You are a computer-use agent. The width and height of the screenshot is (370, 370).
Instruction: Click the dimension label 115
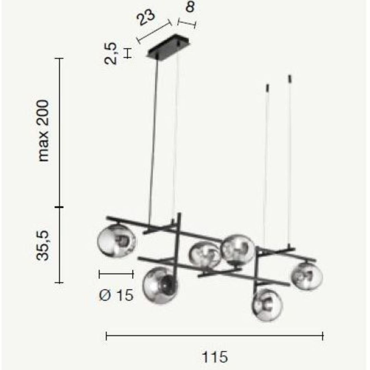(x=215, y=357)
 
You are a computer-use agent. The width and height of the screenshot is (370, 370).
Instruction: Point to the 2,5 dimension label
(x=110, y=53)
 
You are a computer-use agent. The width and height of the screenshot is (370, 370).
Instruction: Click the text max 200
(x=44, y=131)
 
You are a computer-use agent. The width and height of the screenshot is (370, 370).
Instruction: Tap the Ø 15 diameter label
(x=116, y=295)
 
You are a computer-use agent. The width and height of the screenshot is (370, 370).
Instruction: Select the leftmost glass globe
(x=116, y=241)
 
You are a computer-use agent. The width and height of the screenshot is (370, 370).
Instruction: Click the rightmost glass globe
(x=307, y=276)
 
